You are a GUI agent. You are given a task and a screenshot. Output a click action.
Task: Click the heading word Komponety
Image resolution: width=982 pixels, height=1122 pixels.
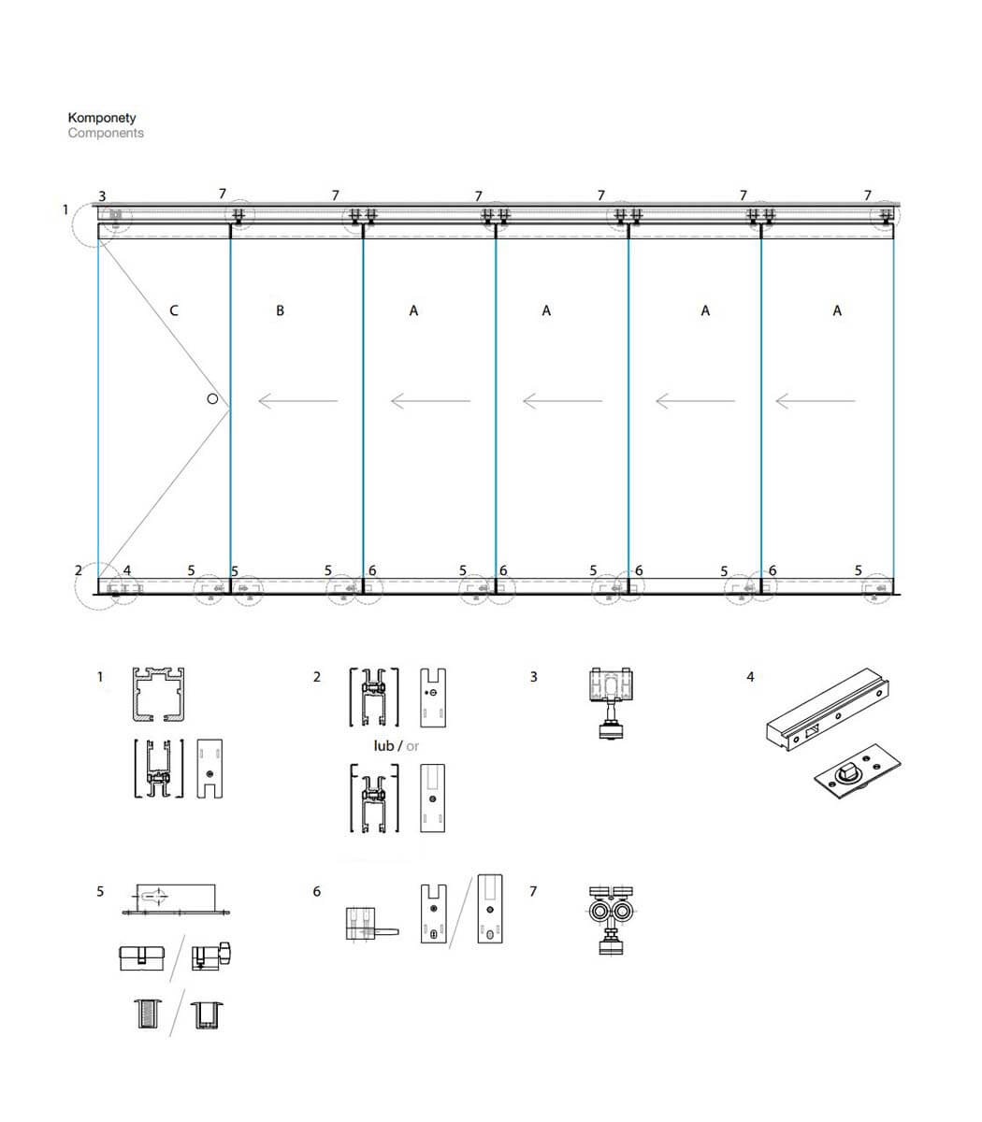pyautogui.click(x=102, y=118)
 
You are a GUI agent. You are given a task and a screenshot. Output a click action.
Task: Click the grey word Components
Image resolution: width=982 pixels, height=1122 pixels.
pyautogui.click(x=106, y=134)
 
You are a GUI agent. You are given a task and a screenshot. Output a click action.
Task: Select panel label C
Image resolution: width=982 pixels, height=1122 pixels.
pyautogui.click(x=174, y=311)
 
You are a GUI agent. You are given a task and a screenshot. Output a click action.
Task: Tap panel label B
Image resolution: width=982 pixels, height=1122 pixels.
pyautogui.click(x=280, y=311)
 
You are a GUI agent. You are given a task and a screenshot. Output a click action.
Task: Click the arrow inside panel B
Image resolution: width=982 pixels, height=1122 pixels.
pyautogui.click(x=298, y=401)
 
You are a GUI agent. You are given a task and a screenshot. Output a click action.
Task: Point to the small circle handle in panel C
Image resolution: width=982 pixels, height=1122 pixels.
pyautogui.click(x=212, y=399)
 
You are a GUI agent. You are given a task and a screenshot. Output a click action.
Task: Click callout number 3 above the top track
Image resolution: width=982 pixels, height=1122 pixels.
pyautogui.click(x=102, y=196)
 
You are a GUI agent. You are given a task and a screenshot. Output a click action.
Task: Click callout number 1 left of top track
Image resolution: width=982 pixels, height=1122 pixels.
pyautogui.click(x=65, y=209)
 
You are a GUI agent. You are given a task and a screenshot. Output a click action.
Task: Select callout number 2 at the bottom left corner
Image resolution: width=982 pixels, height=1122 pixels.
pyautogui.click(x=79, y=570)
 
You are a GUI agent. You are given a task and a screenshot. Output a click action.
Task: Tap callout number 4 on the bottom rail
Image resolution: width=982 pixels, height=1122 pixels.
pyautogui.click(x=127, y=570)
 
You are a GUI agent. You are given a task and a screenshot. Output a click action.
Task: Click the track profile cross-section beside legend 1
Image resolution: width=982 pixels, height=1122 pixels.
pyautogui.click(x=159, y=695)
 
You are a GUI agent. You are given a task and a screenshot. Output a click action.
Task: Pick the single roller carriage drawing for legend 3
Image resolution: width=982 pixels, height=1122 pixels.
pyautogui.click(x=611, y=703)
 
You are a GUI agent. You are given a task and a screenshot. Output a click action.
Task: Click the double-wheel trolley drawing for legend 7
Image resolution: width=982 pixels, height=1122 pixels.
pyautogui.click(x=611, y=921)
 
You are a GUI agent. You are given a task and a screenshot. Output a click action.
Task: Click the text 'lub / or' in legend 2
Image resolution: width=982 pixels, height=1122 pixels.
pyautogui.click(x=397, y=746)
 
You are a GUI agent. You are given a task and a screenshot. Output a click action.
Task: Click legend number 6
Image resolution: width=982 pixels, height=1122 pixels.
pyautogui.click(x=316, y=892)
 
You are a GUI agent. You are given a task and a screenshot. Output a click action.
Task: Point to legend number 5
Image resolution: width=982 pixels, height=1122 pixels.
pyautogui.click(x=100, y=892)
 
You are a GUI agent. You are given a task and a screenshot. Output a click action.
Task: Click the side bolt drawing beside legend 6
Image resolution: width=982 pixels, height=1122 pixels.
pyautogui.click(x=372, y=924)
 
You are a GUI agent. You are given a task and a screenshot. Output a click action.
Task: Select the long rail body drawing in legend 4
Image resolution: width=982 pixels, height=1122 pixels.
pyautogui.click(x=828, y=710)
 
